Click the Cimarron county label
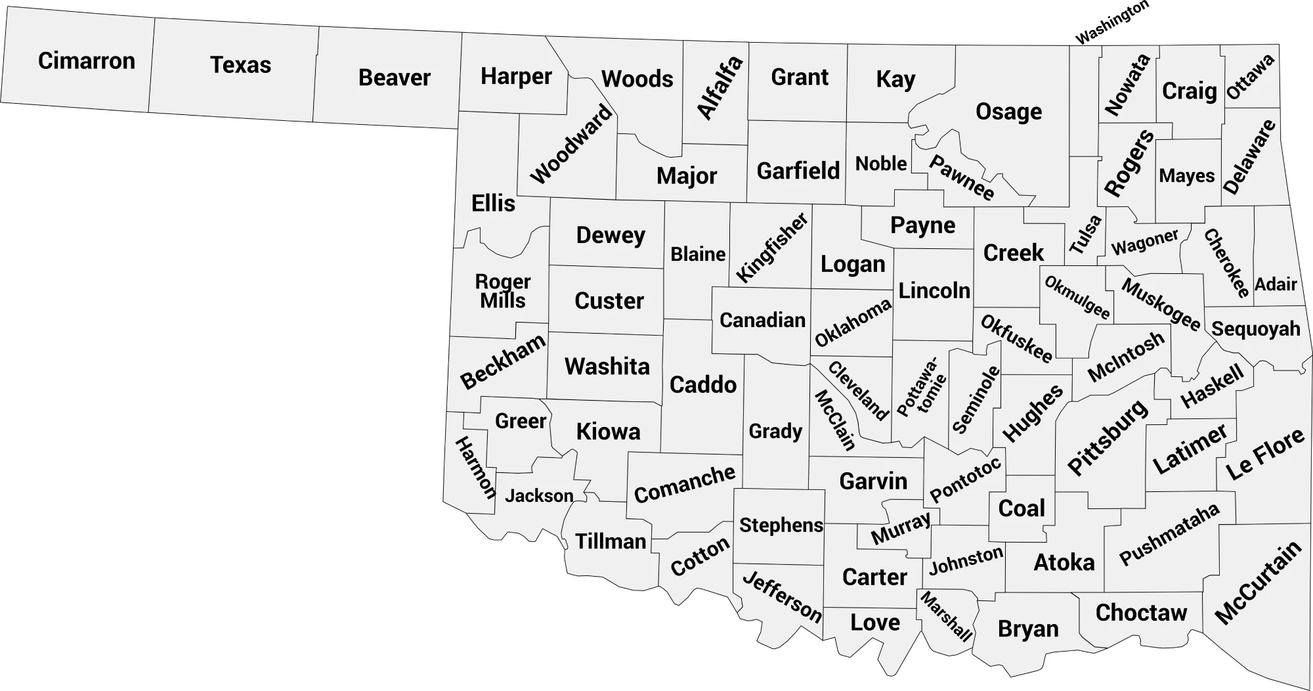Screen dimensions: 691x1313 [x=86, y=61]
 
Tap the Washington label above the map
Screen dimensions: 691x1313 [x=1111, y=22]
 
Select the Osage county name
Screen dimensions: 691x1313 [x=1008, y=112]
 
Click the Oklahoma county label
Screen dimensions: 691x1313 [x=853, y=323]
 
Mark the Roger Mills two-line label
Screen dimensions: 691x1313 [x=503, y=291]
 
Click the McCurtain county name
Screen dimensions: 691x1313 [x=1258, y=583]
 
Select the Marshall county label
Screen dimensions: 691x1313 [x=946, y=616]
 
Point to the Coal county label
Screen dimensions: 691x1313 [x=1021, y=508]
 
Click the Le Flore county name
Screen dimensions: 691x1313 [x=1264, y=454]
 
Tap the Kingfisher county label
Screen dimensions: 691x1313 [x=772, y=248]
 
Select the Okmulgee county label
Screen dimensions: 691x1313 [x=1077, y=298]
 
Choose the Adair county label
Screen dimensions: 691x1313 [x=1276, y=284]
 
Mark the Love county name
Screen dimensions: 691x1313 [x=874, y=622]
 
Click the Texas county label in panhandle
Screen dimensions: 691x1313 [x=240, y=65]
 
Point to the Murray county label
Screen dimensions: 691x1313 [x=901, y=528]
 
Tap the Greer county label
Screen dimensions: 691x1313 [x=520, y=421]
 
